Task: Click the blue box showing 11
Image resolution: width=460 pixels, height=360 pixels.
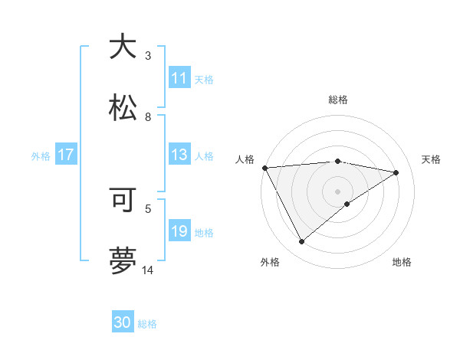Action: point(179,78)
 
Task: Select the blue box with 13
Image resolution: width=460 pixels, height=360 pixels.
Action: point(179,155)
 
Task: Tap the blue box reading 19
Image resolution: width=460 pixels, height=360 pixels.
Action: point(179,232)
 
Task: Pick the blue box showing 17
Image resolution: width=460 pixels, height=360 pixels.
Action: point(66,155)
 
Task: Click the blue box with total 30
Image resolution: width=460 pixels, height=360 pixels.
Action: point(123,323)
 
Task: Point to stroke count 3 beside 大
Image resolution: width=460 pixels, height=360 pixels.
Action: point(148,55)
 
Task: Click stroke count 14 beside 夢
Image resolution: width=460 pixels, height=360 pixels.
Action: point(148,270)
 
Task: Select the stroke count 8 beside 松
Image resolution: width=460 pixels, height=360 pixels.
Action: point(148,117)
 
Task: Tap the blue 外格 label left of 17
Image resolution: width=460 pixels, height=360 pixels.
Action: point(41,156)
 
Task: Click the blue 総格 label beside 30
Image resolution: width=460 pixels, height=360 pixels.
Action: point(147,324)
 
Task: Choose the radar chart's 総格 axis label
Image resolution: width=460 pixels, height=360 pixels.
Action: point(337,100)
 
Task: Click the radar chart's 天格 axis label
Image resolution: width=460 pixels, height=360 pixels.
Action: point(431,159)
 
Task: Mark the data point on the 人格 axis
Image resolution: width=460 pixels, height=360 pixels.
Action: point(264,168)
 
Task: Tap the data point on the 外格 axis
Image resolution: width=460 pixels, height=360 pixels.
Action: point(301,242)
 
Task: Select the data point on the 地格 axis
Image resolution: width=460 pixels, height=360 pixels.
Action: point(347,204)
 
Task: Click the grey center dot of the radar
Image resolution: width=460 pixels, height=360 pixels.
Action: point(337,191)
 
